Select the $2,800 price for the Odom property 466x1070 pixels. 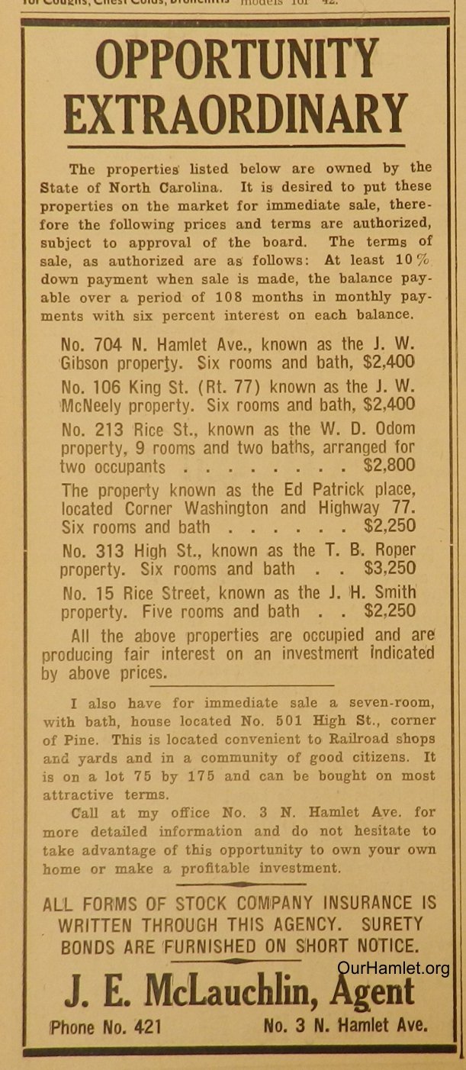click(x=390, y=465)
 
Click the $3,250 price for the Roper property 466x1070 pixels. click(x=390, y=569)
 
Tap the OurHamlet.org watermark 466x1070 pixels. click(x=393, y=969)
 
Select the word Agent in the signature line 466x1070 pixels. click(x=375, y=992)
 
